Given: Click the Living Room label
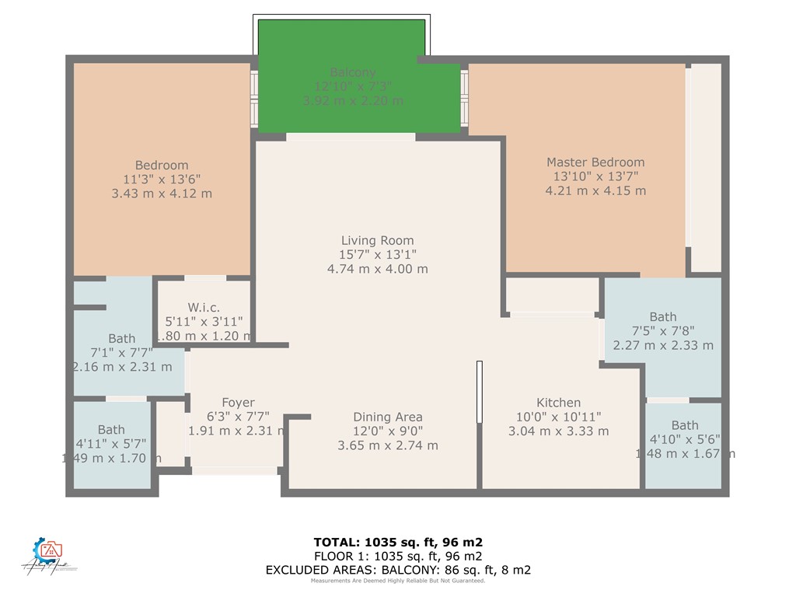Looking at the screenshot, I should tap(377, 240).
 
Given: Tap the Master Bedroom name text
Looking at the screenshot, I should tap(595, 162).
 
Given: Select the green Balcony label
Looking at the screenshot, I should tap(353, 72).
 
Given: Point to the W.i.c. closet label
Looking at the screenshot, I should tap(204, 307).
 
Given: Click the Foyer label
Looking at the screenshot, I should tap(238, 402).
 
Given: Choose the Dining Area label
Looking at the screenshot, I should tap(387, 417).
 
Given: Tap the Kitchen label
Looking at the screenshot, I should tap(558, 402).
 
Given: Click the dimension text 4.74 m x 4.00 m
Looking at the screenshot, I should tap(377, 269).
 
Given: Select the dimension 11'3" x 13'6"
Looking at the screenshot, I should tap(162, 179).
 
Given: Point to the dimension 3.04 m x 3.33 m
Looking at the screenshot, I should tap(558, 431).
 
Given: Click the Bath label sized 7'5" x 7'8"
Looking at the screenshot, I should tap(662, 316).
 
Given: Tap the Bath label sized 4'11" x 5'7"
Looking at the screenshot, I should tap(111, 429).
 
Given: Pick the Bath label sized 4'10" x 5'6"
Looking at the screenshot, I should tap(684, 425).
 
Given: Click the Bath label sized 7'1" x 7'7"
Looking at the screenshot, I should tap(121, 338).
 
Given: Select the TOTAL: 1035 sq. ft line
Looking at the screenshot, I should tap(398, 542).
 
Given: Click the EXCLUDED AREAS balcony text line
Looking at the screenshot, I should tap(398, 570).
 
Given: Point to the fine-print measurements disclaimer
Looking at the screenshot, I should tap(398, 581).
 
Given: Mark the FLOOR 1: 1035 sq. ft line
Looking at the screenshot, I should tap(398, 556).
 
